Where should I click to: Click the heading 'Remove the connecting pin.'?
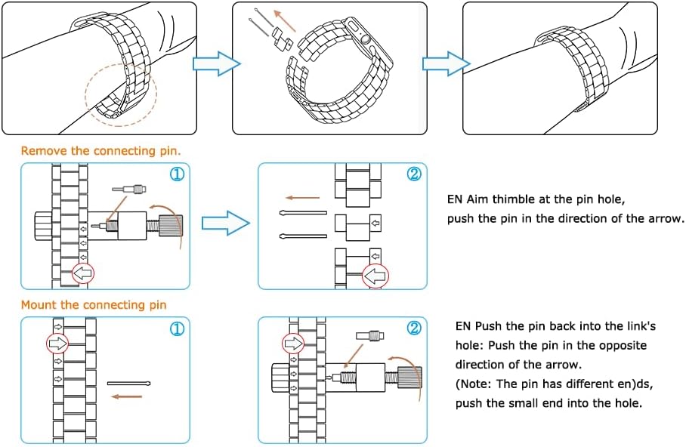[100, 151]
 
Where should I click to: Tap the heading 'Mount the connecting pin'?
[93, 305]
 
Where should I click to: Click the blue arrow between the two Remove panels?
[227, 223]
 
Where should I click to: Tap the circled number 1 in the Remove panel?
[176, 174]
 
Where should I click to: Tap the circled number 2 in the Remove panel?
[413, 174]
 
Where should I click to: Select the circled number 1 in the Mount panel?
[176, 329]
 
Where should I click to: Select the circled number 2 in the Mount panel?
[413, 329]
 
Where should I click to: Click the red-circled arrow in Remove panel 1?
[83, 273]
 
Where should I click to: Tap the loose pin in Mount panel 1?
[130, 383]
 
